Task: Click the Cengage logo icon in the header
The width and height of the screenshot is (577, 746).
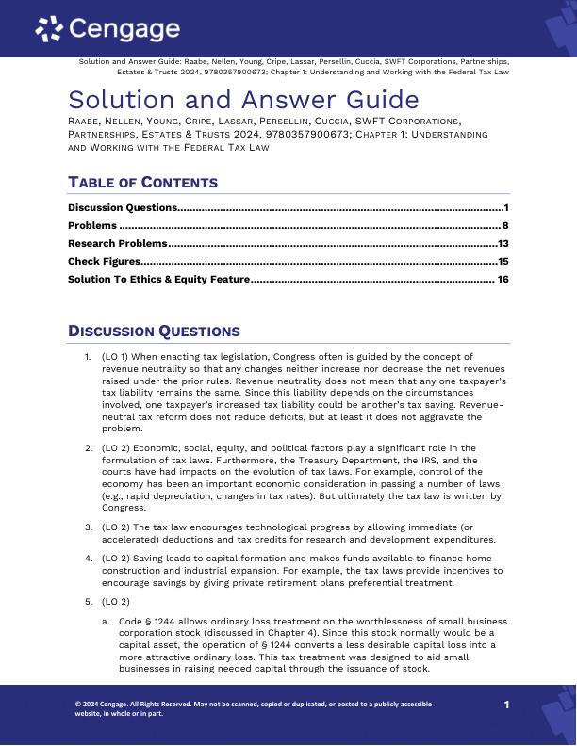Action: [49, 30]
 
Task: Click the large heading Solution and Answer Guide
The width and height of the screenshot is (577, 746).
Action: [243, 99]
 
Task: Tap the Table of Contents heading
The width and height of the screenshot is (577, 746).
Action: [142, 183]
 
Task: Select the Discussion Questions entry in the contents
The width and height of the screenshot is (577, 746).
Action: [123, 207]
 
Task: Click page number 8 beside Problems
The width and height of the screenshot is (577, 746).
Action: [505, 226]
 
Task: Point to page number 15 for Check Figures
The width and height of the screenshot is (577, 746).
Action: [503, 262]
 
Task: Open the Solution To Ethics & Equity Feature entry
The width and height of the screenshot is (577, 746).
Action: [158, 280]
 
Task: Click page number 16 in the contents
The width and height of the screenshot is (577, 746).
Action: [503, 280]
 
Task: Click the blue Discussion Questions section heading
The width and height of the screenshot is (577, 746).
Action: [154, 332]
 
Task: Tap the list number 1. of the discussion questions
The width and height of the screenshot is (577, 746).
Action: [89, 357]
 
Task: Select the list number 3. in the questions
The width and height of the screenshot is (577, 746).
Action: [89, 527]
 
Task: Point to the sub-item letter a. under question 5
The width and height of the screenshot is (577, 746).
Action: [106, 622]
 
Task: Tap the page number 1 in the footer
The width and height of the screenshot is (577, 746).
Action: [506, 705]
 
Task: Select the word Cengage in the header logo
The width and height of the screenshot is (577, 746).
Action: [124, 29]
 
